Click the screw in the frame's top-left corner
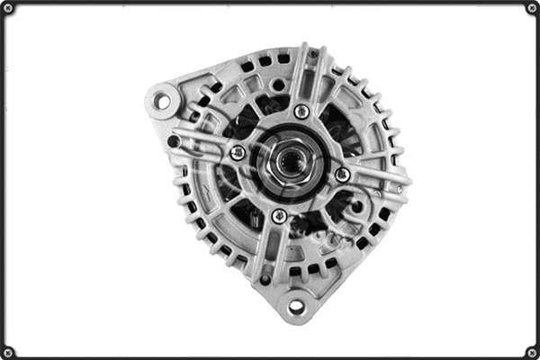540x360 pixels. [x=8, y=8]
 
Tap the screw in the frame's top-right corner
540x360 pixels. [x=532, y=8]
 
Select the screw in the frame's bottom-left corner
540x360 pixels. [x=8, y=352]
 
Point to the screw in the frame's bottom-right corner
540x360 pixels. [x=532, y=352]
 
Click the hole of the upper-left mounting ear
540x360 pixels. [x=162, y=101]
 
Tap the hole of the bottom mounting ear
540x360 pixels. [x=296, y=307]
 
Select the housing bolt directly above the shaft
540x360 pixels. [x=301, y=111]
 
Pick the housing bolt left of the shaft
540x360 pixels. [x=237, y=152]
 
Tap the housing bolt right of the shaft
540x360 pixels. [x=343, y=174]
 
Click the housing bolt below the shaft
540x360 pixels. [x=279, y=216]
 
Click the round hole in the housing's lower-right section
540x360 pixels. [x=357, y=207]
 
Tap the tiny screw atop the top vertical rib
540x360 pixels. [x=312, y=54]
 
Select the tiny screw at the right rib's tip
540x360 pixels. [x=399, y=189]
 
